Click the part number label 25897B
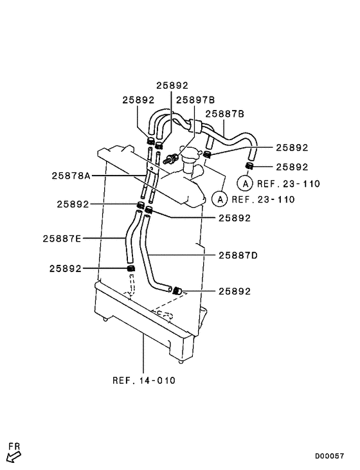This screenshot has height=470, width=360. coord(195,100)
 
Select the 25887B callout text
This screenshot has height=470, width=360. coord(224,114)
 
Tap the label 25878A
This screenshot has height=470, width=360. coord(72,175)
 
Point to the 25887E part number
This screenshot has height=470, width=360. coord(62,238)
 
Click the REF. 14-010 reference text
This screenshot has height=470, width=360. coord(143,380)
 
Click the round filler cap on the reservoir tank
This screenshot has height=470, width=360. coord(190,154)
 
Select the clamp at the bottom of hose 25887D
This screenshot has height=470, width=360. coord(175,291)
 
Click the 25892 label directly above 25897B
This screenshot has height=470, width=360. coord(172,85)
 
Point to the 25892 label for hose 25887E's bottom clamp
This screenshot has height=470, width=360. coord(65,268)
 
